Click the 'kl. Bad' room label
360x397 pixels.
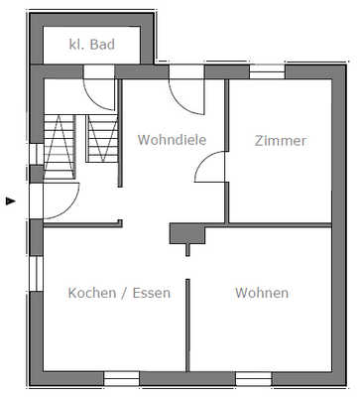91,45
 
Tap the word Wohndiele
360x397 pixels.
172,140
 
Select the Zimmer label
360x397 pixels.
280,140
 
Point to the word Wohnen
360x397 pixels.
262,293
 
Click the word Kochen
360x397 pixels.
92,293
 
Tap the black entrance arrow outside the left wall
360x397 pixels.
11,200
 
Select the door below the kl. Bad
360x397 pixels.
100,91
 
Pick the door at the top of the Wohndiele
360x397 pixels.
186,91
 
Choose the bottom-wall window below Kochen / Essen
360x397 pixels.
121,378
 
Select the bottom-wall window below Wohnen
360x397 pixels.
253,378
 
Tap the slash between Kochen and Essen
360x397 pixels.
124,293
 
